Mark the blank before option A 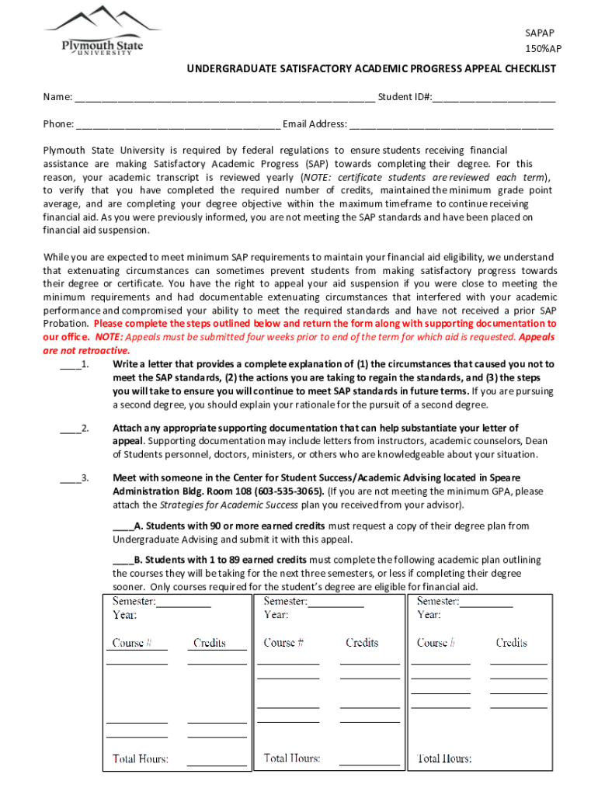click(x=122, y=526)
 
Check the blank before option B click(x=122, y=560)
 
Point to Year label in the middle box click(x=276, y=614)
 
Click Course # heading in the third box click(x=436, y=643)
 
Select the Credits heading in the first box click(x=209, y=643)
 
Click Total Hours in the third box click(x=444, y=758)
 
